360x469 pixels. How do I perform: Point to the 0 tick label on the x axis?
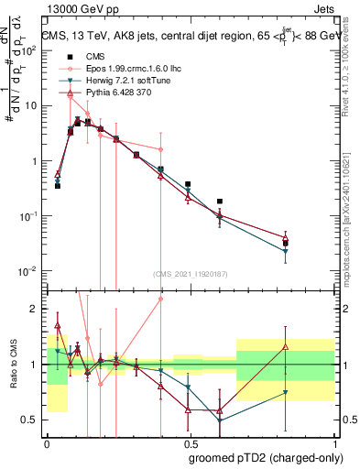[47, 442]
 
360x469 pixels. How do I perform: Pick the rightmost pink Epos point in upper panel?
[160, 149]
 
